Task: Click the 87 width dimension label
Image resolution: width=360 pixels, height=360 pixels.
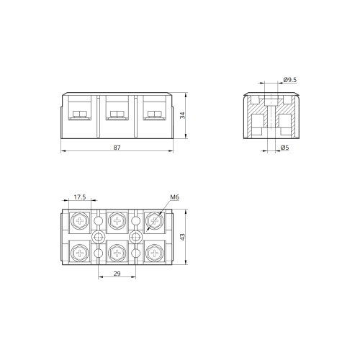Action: tap(117, 148)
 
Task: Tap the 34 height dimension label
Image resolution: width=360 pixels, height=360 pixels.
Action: tap(182, 115)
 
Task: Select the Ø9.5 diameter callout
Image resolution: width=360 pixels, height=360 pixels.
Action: tap(290, 80)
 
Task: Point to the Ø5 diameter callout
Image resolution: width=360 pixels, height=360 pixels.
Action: tap(284, 148)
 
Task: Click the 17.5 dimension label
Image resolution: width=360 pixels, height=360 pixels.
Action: tap(80, 197)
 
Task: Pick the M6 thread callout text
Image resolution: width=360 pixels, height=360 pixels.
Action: tap(175, 197)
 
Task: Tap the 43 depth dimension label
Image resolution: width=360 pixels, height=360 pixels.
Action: tap(182, 237)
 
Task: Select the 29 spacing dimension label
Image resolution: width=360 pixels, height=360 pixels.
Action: tap(117, 274)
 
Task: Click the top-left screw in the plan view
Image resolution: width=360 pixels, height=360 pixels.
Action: tap(80, 220)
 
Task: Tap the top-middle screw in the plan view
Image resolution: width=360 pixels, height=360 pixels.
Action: tap(117, 220)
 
